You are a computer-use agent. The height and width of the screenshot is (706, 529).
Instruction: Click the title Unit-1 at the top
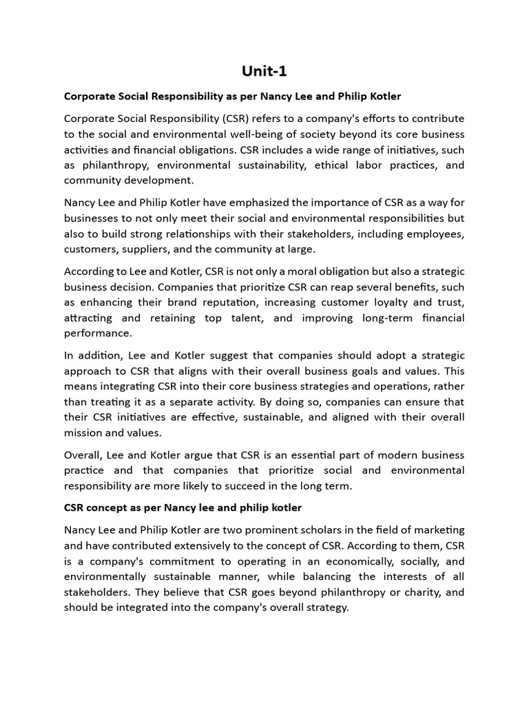[x=264, y=71]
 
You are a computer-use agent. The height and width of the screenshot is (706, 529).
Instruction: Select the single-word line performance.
[x=98, y=333]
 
